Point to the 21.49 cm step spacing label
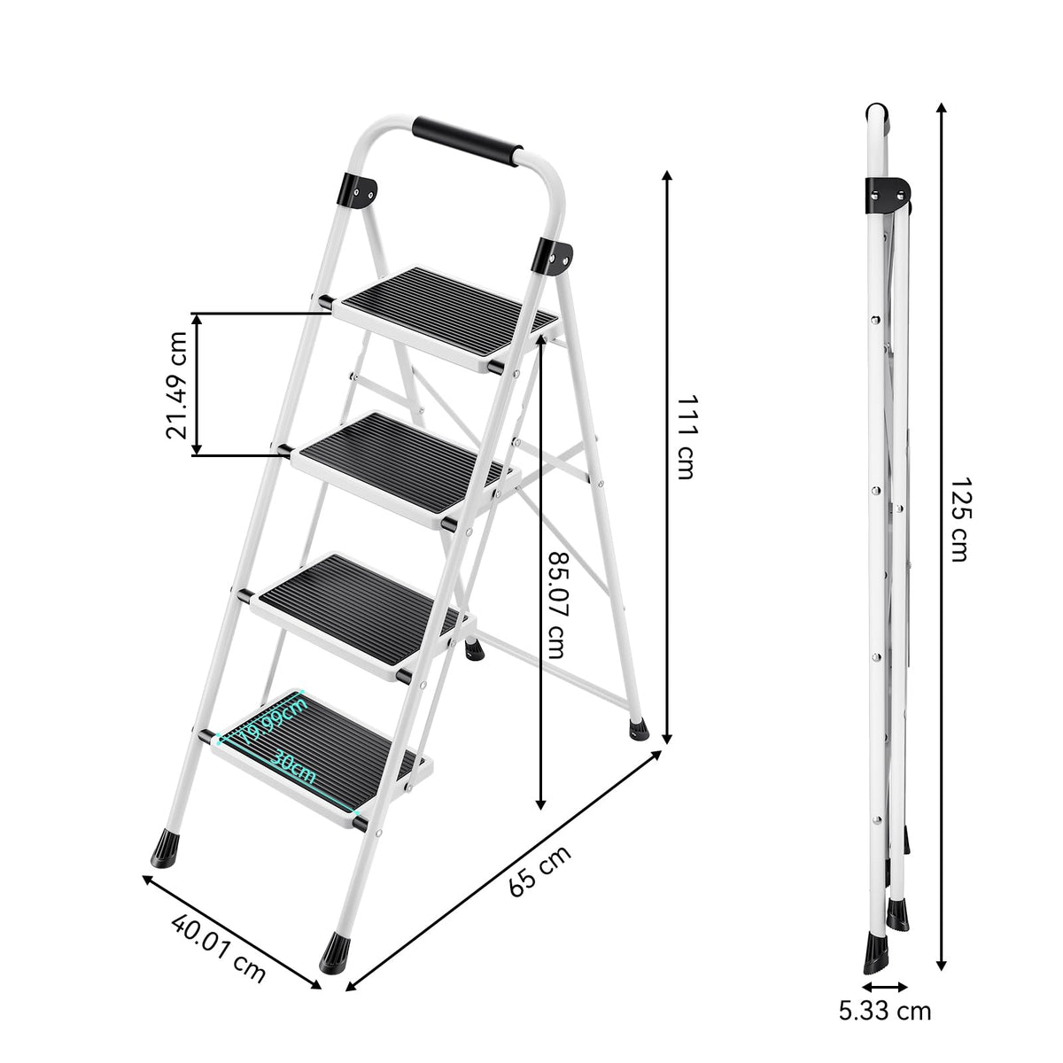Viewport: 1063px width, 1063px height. pyautogui.click(x=176, y=384)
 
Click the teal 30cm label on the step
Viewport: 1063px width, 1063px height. pyautogui.click(x=292, y=767)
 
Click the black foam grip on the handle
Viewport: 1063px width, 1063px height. pyautogui.click(x=467, y=140)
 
